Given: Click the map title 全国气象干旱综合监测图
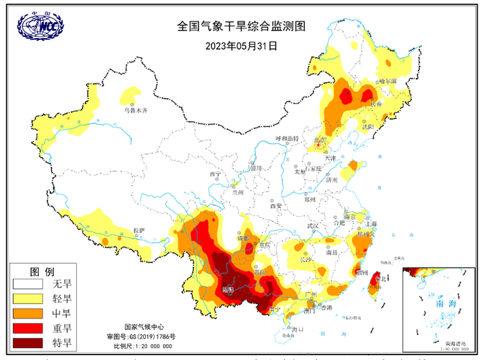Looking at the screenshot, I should (x=241, y=27).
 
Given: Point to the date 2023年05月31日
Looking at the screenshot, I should (x=241, y=46).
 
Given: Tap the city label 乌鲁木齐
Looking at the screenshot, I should (x=131, y=110).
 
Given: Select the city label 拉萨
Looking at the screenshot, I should (x=138, y=230).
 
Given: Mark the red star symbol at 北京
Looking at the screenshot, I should (x=319, y=144).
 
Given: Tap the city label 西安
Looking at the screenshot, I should (x=277, y=205).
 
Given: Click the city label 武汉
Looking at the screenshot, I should (x=312, y=226).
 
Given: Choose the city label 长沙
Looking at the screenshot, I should (x=305, y=259).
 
